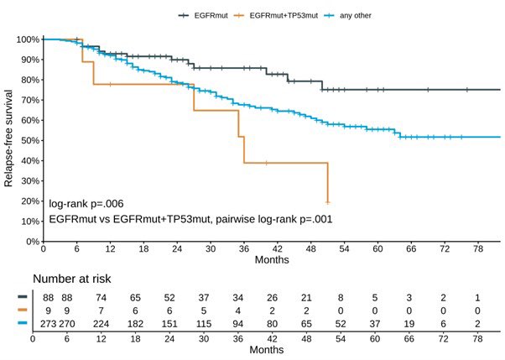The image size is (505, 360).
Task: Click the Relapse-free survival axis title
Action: pyautogui.click(x=9, y=140)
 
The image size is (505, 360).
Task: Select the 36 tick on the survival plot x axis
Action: pyautogui.click(x=244, y=250)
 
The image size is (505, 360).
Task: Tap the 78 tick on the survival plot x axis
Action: pyautogui.click(x=478, y=250)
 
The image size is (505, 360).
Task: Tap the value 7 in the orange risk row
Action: pyautogui.click(x=101, y=310)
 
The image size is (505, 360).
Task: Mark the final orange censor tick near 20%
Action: pyautogui.click(x=327, y=202)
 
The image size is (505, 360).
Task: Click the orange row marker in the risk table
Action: pyautogui.click(x=22, y=310)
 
